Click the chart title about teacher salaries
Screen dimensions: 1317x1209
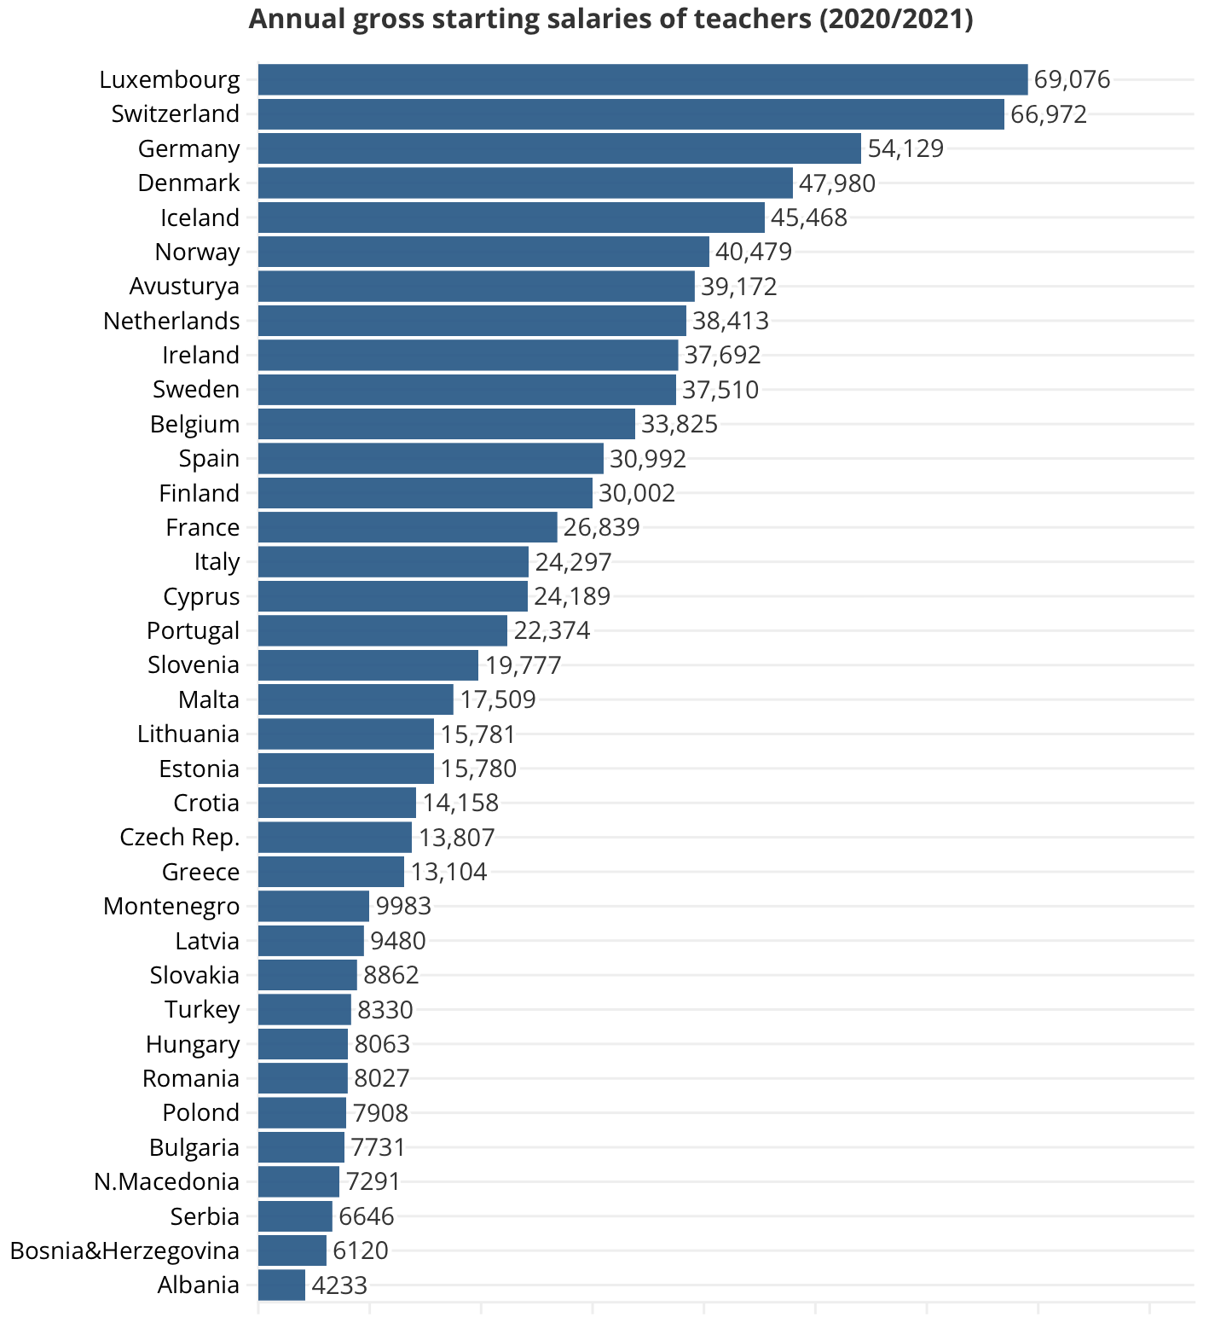coord(610,19)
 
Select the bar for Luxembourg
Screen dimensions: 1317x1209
coord(642,79)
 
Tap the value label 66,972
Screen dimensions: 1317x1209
coord(1049,114)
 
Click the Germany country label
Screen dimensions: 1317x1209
coord(189,148)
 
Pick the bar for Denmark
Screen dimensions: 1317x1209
coord(525,183)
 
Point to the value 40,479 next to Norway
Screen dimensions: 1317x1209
coord(754,252)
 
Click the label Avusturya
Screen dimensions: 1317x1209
coord(184,287)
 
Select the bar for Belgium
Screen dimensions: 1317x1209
coord(446,424)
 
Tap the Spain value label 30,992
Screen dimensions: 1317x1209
coord(648,459)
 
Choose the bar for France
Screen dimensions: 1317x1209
coord(408,527)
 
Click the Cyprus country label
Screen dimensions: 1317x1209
coord(201,596)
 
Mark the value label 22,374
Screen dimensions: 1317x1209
coord(552,630)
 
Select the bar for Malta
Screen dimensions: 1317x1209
coord(356,699)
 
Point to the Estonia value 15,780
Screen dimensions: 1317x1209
coord(478,769)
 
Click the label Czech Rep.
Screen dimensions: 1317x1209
coord(180,837)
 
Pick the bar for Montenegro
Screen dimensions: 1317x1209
coord(313,906)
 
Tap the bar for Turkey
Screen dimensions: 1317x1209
coord(304,1009)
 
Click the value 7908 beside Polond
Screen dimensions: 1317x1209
coord(380,1113)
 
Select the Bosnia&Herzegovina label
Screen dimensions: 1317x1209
coord(124,1250)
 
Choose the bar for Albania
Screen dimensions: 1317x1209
coord(281,1285)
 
